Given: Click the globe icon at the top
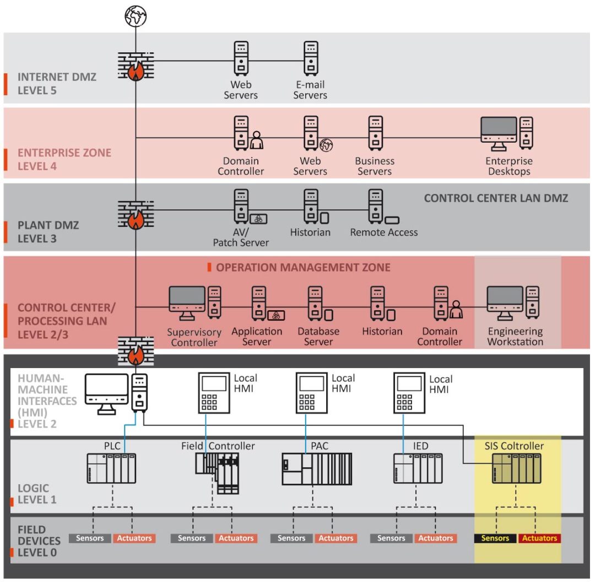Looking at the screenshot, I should click(x=136, y=16).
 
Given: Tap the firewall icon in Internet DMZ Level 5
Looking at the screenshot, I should click(x=136, y=67).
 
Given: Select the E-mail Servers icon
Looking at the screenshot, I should click(x=311, y=58).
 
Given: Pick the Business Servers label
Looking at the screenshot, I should click(x=375, y=166).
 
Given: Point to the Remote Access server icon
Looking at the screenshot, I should click(x=376, y=206).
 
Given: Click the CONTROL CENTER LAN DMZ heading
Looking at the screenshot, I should click(x=496, y=198).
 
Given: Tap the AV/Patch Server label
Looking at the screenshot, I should click(x=241, y=237).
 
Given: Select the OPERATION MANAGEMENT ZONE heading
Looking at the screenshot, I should click(x=303, y=268).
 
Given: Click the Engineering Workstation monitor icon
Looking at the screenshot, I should click(x=505, y=302).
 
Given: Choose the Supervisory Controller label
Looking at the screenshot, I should click(x=194, y=337).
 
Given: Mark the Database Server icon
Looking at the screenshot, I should click(x=315, y=302).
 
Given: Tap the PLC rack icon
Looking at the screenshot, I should click(x=111, y=468).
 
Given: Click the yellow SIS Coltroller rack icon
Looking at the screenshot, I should click(x=516, y=468).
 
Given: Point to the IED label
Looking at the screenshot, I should click(x=420, y=446).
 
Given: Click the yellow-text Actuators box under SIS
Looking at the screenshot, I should click(x=540, y=538).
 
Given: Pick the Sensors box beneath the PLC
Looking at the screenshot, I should click(x=90, y=538).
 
